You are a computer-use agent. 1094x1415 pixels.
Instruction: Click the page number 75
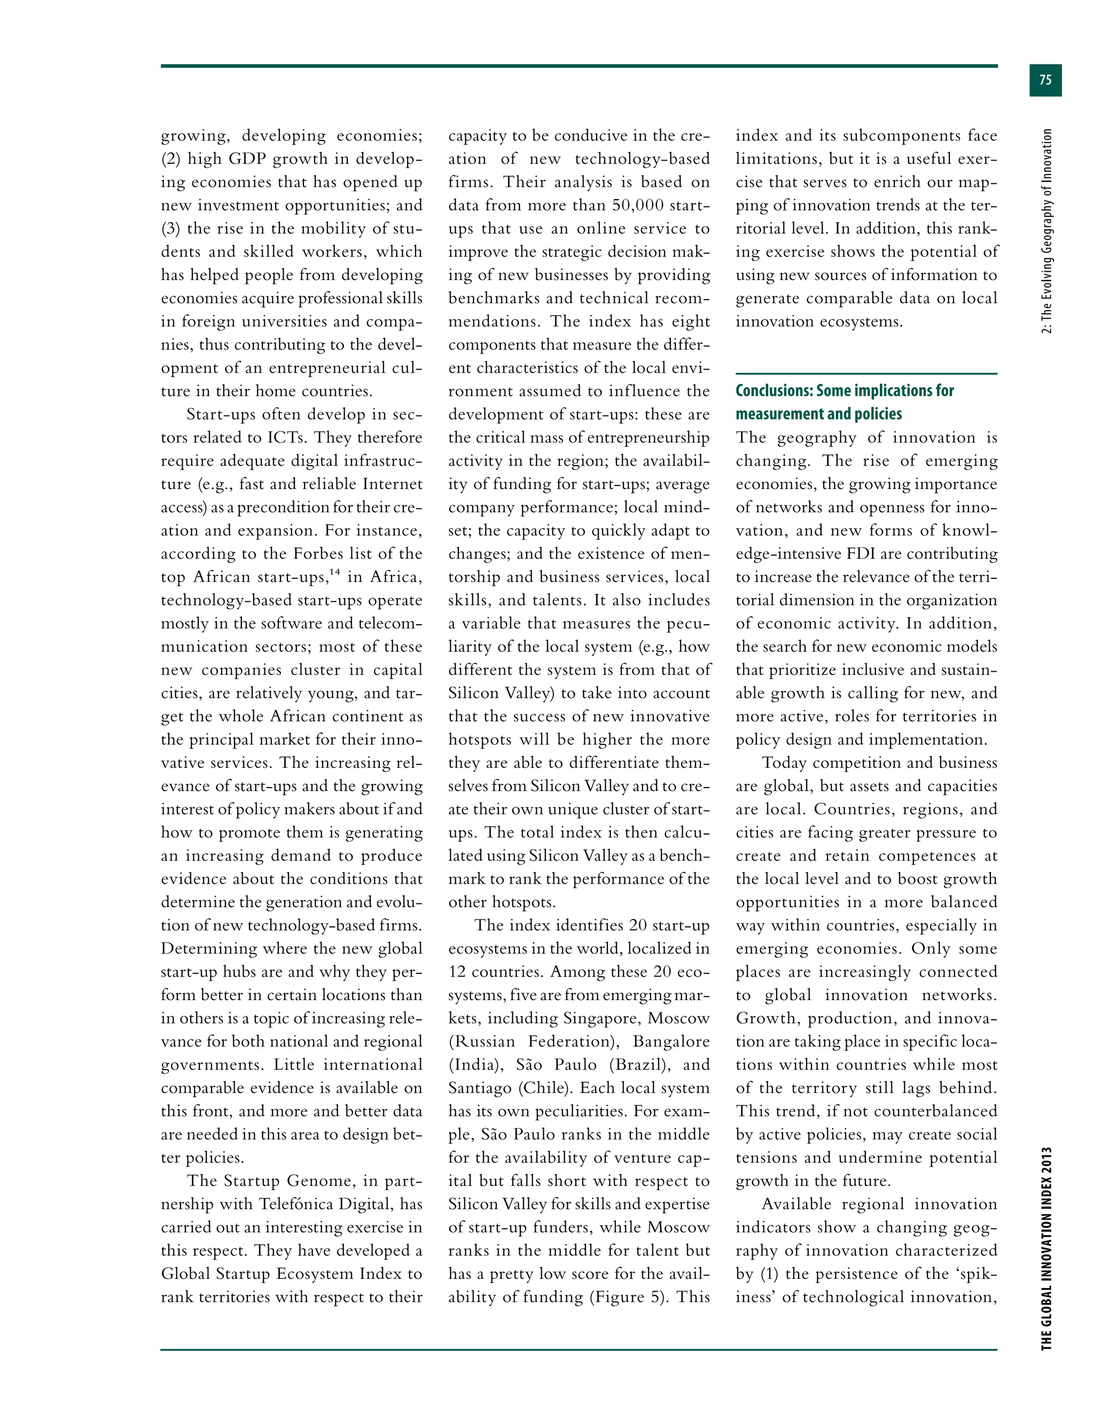1045,80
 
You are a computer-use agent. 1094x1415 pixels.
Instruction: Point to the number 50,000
638,206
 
